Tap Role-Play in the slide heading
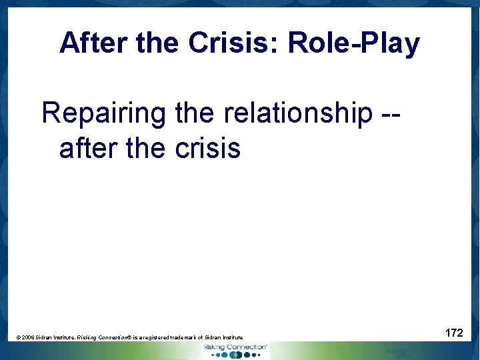pos(354,44)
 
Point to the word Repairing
pos(103,114)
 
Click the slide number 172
pos(454,332)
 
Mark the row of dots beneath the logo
pos(235,355)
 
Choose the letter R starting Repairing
pos(51,114)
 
